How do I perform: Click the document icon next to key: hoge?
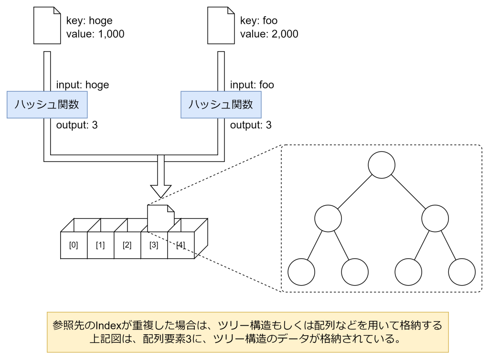[47, 28]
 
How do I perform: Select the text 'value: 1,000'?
[96, 34]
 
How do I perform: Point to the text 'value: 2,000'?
[269, 34]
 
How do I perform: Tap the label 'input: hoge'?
[83, 85]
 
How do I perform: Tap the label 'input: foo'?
[252, 85]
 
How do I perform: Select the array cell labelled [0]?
[74, 245]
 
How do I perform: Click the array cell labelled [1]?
[100, 245]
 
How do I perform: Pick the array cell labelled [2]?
[127, 245]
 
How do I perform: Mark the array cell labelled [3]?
[154, 245]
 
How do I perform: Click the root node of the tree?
[382, 165]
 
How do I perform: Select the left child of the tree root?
[328, 219]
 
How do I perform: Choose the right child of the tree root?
[435, 219]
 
